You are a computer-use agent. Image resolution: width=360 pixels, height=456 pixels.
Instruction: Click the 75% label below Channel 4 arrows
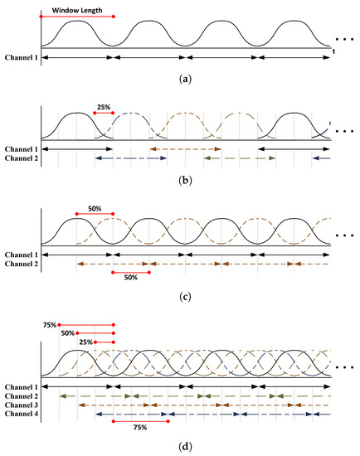click(139, 427)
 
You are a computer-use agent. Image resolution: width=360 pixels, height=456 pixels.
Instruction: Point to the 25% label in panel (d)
click(85, 341)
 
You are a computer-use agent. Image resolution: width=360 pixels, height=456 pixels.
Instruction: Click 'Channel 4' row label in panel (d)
click(19, 415)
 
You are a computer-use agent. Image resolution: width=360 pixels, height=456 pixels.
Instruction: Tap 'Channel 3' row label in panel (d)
click(19, 405)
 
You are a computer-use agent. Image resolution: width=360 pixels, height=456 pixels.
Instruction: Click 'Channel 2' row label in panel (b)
click(19, 158)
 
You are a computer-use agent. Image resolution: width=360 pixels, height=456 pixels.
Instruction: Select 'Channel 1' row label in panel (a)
click(19, 59)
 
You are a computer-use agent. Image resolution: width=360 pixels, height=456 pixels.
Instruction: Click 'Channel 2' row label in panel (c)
click(19, 263)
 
